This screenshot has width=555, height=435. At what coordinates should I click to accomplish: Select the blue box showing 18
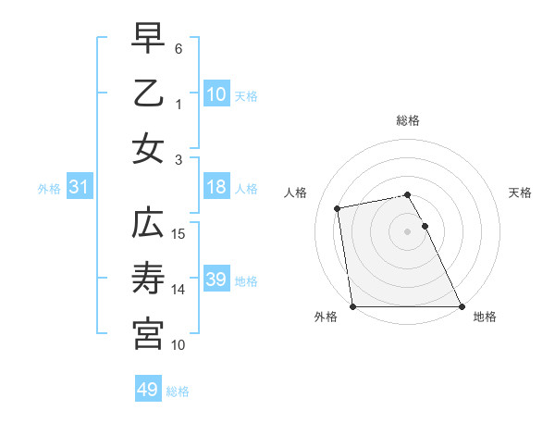(216, 187)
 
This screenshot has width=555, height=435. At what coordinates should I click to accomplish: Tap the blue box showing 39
(216, 280)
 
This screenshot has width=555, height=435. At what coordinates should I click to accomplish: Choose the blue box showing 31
(79, 187)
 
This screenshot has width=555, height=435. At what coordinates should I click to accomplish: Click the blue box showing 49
(147, 390)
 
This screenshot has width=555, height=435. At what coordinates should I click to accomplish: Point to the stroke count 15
(179, 234)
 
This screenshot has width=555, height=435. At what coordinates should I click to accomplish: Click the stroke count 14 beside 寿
(179, 290)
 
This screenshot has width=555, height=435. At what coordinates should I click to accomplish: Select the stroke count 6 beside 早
(179, 49)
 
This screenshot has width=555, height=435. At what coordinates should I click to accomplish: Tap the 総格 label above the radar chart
(407, 120)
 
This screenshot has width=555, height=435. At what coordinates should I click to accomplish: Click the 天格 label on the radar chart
(520, 193)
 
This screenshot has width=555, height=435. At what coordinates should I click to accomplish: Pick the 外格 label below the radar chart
(326, 317)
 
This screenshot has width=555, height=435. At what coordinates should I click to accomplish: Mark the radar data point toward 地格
(461, 306)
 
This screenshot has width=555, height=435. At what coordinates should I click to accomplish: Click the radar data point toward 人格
(339, 208)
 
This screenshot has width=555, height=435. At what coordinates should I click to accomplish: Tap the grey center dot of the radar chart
(407, 231)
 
